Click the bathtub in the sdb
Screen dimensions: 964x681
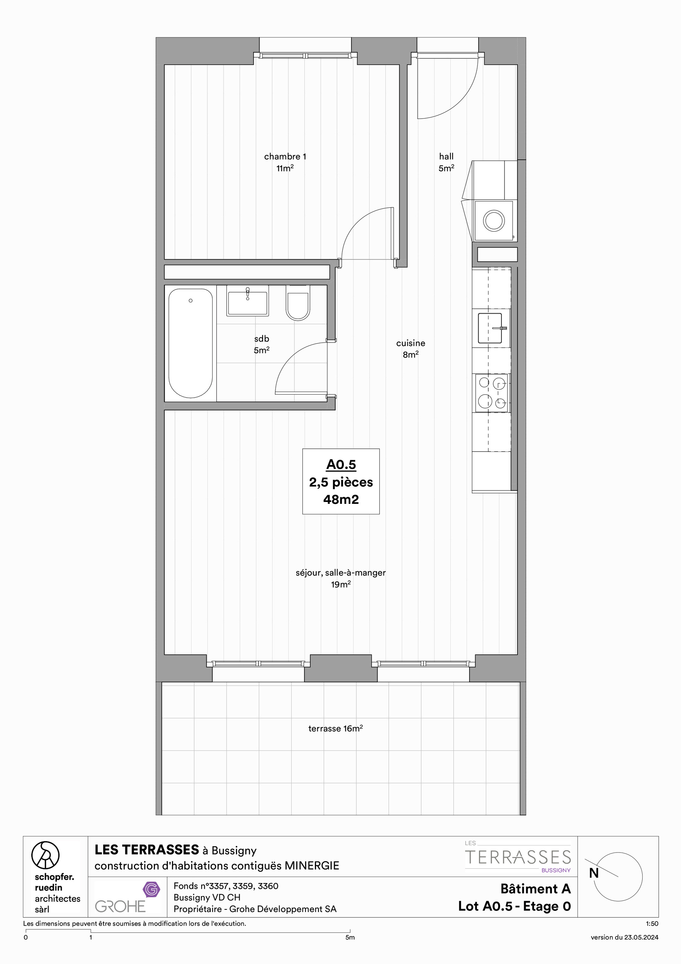[x=190, y=343]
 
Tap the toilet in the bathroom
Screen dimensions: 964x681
[x=298, y=303]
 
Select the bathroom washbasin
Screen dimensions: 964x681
[x=248, y=300]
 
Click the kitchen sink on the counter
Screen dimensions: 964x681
[x=490, y=328]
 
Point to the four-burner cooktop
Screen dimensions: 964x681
[x=492, y=393]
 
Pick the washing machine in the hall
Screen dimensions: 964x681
[x=494, y=220]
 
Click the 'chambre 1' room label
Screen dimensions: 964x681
[x=285, y=157]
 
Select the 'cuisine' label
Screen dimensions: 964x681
[x=410, y=343]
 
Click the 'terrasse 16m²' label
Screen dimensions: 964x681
[x=335, y=728]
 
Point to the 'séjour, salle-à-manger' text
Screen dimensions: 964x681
[x=340, y=573]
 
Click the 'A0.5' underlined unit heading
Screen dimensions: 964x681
[x=341, y=465]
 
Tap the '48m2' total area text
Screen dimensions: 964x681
[x=341, y=499]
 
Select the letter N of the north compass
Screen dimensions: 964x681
[x=594, y=873]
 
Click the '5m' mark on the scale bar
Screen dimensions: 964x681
[x=350, y=938]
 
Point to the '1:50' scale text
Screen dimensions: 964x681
[x=652, y=924]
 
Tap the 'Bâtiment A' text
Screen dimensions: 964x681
[x=535, y=889]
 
